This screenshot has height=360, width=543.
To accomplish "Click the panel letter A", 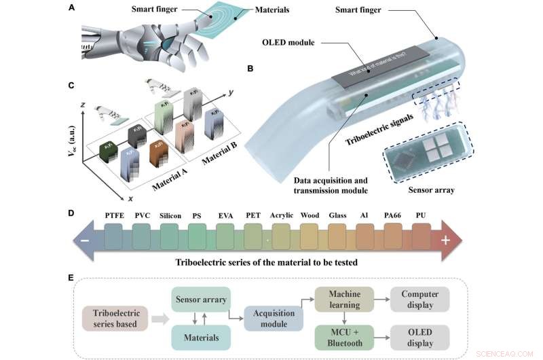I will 72,8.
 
